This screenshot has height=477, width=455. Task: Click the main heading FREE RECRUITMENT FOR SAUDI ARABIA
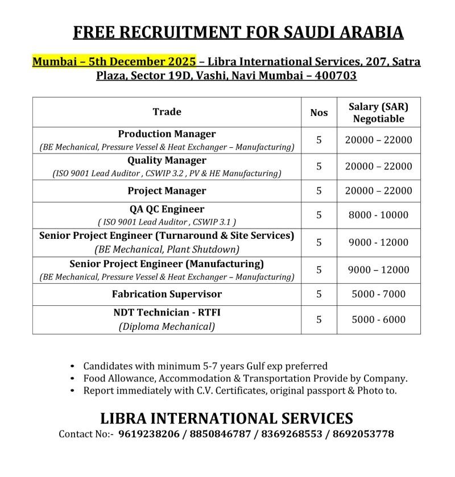coord(238,32)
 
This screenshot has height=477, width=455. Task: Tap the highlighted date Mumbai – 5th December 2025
coord(114,61)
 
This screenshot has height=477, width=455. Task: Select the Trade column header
coord(167,112)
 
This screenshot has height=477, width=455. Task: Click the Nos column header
coord(319,113)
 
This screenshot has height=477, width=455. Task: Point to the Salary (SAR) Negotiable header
coord(378,112)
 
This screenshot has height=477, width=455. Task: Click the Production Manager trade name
coord(167,134)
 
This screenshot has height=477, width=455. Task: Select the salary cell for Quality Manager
coord(378,167)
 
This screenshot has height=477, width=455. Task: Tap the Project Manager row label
coord(167,191)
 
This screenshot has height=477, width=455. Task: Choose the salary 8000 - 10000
coord(378,215)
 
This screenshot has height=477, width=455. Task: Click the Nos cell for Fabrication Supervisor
coord(319,294)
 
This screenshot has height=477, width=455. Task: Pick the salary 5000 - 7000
coord(378,294)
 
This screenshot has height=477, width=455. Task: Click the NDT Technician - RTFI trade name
coord(167,313)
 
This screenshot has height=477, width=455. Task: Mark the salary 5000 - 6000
coord(378,320)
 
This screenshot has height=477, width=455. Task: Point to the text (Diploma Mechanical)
coord(167,326)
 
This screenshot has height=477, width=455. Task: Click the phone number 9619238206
coord(149,434)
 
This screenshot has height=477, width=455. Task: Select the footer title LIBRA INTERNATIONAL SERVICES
coord(226,418)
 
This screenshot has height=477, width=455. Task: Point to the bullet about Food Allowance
coord(245,378)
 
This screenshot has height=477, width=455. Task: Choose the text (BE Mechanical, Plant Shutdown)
coord(167,249)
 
